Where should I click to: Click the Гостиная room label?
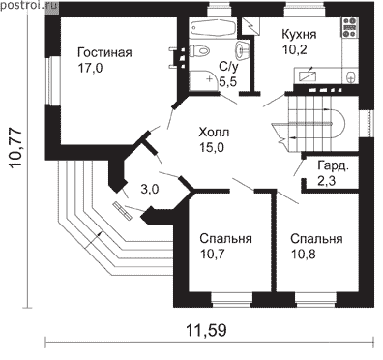click(x=104, y=52)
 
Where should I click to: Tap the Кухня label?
click(x=299, y=34)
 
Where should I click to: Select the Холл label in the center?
click(x=214, y=133)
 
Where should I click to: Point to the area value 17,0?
click(x=90, y=68)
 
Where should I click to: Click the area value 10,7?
click(x=213, y=255)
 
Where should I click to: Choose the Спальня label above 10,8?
click(x=316, y=239)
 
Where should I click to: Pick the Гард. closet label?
click(x=333, y=165)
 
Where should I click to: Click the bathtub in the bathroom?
click(x=213, y=28)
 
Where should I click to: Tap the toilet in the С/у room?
click(x=199, y=50)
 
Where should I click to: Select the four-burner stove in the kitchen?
click(x=350, y=28)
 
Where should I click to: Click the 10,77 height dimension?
click(x=16, y=149)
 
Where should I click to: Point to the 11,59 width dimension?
click(x=206, y=330)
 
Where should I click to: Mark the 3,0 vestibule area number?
click(x=150, y=190)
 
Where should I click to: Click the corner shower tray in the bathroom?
click(x=204, y=80)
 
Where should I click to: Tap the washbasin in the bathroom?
click(x=241, y=50)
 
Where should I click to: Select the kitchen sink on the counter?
click(x=351, y=76)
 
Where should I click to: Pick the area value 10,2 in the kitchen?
click(x=294, y=49)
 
